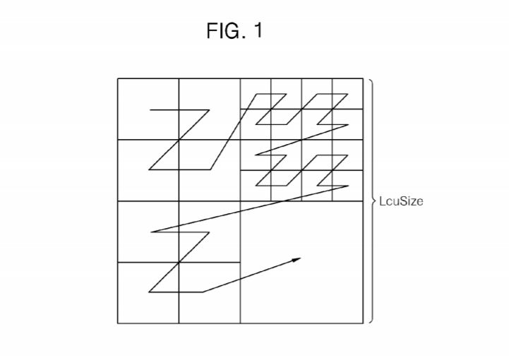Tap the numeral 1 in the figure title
tap(258, 30)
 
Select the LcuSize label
tap(400, 201)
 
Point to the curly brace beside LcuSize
tap(372, 201)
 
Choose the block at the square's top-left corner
tap(148, 109)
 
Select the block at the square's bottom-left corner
tap(148, 293)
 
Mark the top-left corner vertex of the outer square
tap(118, 78)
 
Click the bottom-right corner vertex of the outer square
tap(363, 323)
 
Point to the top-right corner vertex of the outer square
tap(363, 78)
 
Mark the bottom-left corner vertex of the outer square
tap(118, 323)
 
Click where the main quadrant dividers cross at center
tap(241, 201)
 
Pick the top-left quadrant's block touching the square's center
tap(210, 170)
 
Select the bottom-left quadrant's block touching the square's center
tap(210, 232)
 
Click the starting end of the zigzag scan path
tap(150, 110)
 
